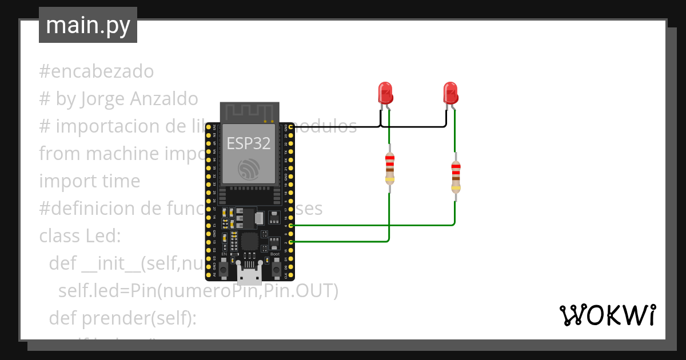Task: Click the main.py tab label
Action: click(87, 25)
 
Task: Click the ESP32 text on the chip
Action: click(249, 143)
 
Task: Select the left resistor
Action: click(390, 169)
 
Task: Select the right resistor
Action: click(456, 177)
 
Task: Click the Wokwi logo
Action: click(607, 315)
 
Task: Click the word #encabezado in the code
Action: click(97, 71)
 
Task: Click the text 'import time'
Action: click(90, 181)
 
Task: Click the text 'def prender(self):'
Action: click(123, 318)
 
